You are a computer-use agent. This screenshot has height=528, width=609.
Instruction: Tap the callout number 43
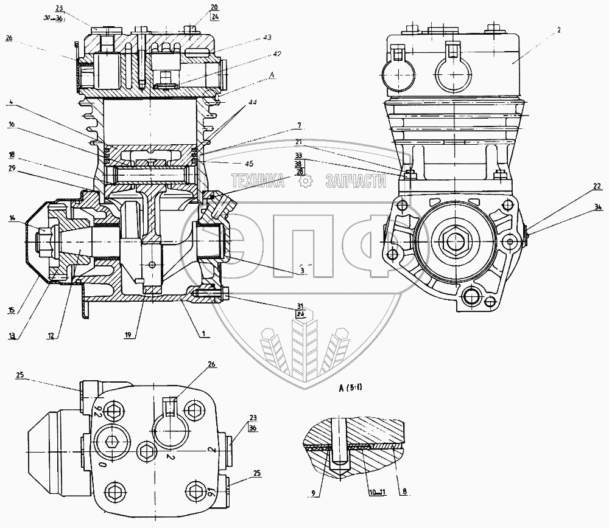click(267, 38)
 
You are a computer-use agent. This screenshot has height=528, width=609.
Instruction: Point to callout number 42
click(276, 54)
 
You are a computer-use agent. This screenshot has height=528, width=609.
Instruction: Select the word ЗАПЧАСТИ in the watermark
click(356, 180)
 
